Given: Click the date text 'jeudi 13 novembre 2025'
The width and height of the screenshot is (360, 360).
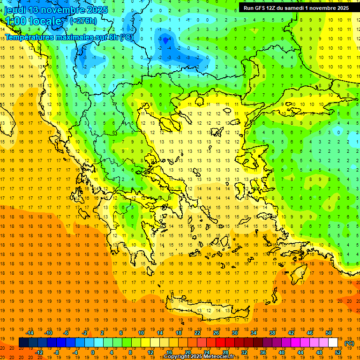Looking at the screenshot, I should pyautogui.click(x=56, y=10).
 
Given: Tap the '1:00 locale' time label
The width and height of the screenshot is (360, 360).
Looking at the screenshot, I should pyautogui.click(x=33, y=21).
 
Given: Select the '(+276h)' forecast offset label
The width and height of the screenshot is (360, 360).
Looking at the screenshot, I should pyautogui.click(x=83, y=21).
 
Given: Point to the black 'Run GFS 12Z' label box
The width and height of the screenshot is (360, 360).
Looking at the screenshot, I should pyautogui.click(x=296, y=8).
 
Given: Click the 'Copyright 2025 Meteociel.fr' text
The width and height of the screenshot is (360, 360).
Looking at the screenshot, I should pyautogui.click(x=199, y=357).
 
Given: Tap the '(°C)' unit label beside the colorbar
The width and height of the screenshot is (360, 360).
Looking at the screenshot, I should pyautogui.click(x=349, y=343).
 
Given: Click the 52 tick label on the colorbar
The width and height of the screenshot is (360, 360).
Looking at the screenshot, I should pyautogui.click(x=338, y=352).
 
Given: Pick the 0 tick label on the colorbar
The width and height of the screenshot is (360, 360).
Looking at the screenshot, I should pyautogui.click(x=92, y=352).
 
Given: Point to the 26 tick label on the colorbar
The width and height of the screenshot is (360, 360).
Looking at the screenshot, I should pyautogui.click(x=216, y=333).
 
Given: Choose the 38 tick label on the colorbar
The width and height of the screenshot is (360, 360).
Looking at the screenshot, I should pyautogui.click(x=272, y=333).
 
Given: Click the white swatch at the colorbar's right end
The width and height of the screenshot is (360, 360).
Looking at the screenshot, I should pyautogui.click(x=333, y=343).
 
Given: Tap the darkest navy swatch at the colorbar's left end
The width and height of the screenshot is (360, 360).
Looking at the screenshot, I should pyautogui.click(x=23, y=343).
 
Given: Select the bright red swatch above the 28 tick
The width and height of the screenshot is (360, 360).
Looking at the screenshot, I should pyautogui.click(x=221, y=343).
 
